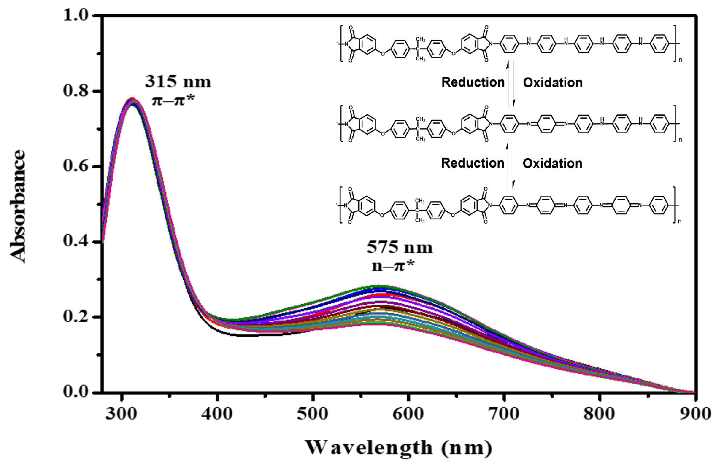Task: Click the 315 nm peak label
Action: click(x=178, y=82)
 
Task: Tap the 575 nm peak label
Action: click(x=399, y=247)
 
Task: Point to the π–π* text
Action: click(x=173, y=100)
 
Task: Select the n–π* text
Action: click(x=393, y=266)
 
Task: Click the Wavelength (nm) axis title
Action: click(x=399, y=448)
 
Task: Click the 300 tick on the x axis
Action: click(x=122, y=414)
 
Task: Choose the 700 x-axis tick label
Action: click(x=504, y=414)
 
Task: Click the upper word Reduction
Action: click(x=473, y=82)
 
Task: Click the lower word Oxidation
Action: click(x=552, y=163)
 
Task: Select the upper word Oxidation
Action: click(x=552, y=82)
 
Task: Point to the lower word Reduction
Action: click(x=472, y=163)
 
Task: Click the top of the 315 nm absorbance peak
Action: click(x=132, y=100)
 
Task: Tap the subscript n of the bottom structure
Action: click(x=680, y=222)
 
